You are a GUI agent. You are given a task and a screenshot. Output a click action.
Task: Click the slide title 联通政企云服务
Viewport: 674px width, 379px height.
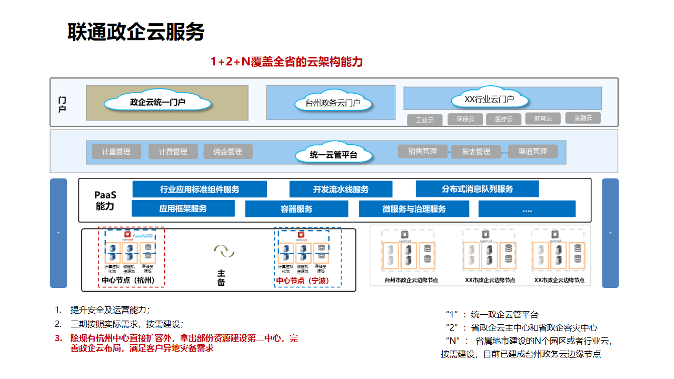(136, 32)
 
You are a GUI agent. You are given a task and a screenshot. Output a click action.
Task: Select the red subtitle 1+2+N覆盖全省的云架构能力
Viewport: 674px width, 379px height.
(286, 62)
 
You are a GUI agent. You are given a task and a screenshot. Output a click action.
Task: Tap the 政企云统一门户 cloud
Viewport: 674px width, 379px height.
(157, 102)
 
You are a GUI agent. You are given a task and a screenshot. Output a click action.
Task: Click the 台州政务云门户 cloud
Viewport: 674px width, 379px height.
(333, 103)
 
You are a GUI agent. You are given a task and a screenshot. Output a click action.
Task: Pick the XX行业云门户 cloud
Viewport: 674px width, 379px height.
(489, 99)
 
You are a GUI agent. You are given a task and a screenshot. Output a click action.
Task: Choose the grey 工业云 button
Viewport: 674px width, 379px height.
(424, 120)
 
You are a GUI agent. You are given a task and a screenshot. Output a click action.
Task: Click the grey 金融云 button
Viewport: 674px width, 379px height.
(582, 118)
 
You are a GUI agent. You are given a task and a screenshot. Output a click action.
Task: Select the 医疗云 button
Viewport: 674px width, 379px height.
(503, 119)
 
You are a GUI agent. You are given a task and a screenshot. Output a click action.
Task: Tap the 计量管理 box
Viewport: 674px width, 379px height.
(116, 152)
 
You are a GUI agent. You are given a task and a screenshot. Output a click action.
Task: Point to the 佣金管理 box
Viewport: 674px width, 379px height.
(228, 152)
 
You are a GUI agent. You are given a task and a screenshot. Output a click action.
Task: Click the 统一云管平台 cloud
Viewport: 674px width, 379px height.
(334, 155)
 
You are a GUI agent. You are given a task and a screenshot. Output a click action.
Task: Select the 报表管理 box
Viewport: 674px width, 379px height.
(475, 152)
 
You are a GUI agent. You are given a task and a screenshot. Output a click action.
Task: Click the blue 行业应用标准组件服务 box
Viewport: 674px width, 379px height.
(200, 189)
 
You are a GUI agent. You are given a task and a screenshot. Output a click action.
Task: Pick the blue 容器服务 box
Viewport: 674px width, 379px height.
(296, 209)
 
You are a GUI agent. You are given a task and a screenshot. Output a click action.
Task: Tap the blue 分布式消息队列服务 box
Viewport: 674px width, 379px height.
(477, 188)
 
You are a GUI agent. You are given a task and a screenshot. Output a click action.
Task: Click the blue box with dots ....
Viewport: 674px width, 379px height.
(527, 209)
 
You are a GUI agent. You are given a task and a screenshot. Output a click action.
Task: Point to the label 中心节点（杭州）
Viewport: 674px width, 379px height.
(128, 281)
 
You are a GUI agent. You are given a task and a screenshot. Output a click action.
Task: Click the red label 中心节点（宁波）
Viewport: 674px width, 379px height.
(303, 281)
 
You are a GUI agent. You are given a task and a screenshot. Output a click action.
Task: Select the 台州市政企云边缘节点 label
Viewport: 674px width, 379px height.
(411, 280)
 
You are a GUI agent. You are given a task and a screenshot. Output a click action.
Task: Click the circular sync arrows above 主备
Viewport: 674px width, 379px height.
(224, 251)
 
